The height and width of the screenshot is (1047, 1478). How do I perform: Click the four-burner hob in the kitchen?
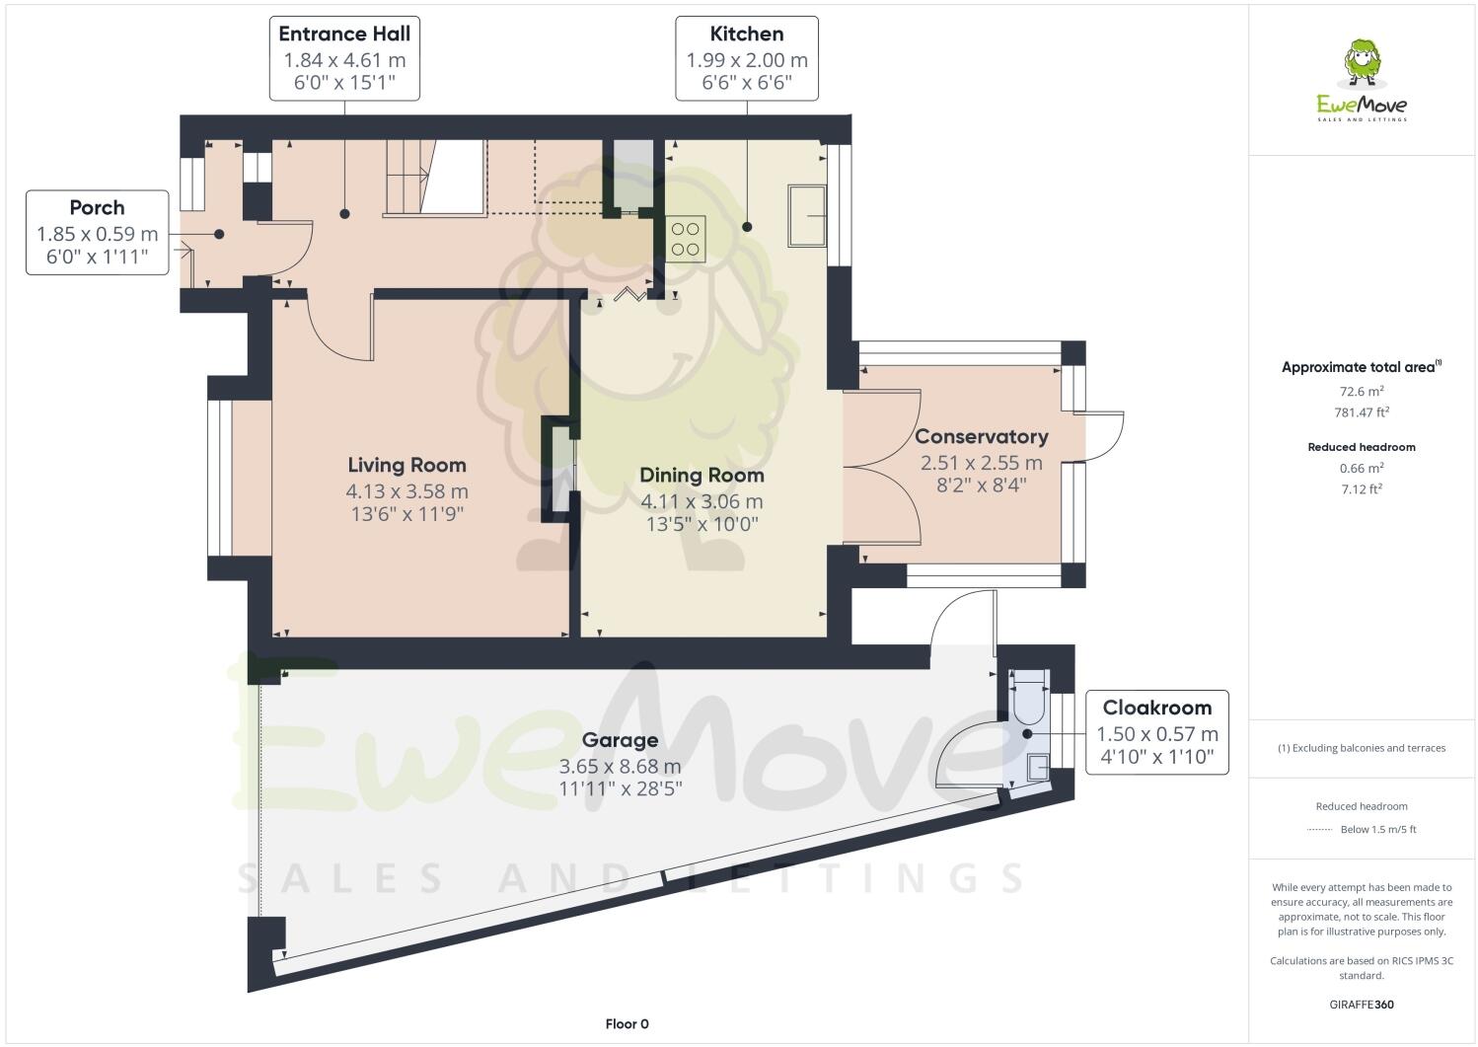[x=686, y=238]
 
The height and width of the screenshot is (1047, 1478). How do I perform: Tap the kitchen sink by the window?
[x=806, y=215]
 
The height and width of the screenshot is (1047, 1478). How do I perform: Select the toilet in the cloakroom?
[x=1027, y=696]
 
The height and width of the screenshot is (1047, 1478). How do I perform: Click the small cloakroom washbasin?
[x=1038, y=767]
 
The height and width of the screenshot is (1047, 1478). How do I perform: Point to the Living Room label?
[x=406, y=465]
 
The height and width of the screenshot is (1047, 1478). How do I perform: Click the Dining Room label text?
[x=702, y=475]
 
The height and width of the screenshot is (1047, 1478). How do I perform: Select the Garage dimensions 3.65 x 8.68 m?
[x=620, y=766]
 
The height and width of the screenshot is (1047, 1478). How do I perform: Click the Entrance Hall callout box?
[x=344, y=58]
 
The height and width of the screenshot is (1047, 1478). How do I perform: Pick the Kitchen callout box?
[x=747, y=58]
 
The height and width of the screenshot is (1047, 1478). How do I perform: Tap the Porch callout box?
[x=97, y=232]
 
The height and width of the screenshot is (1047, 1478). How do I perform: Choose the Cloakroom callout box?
[x=1156, y=732]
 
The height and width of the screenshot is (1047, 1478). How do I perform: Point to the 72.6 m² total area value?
[x=1362, y=391]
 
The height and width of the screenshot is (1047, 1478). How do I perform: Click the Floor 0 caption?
[x=627, y=1023]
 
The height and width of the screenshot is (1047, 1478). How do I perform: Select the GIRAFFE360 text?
[x=1362, y=1005]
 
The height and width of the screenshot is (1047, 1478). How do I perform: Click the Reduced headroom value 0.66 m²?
[x=1362, y=468]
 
